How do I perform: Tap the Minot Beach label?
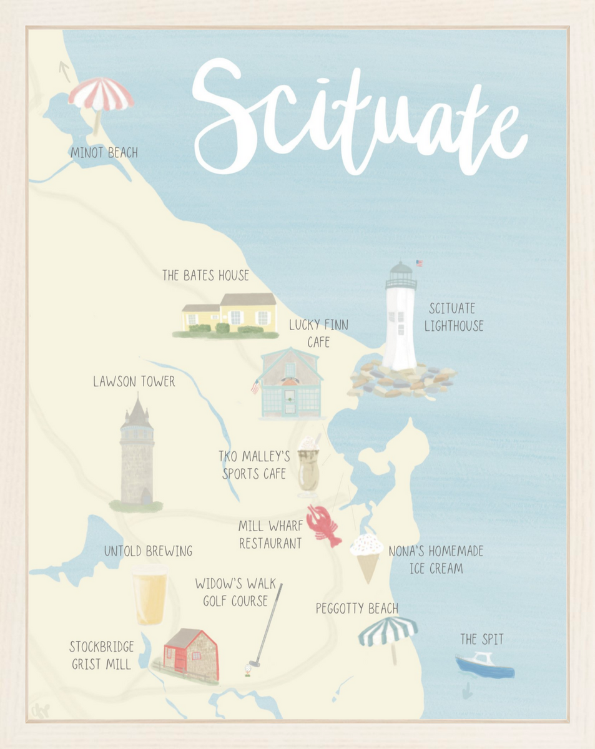coord(104,152)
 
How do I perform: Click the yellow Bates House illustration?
coord(230,314)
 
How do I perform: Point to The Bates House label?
coord(205,275)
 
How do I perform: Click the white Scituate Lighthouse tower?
coord(400,325)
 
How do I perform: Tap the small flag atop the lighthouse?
coord(419,263)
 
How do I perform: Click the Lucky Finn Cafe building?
coord(291,384)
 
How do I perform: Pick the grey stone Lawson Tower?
coord(137,456)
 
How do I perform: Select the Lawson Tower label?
coord(134,381)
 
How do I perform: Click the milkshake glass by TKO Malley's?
coord(308,468)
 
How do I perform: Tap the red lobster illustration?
coord(323,526)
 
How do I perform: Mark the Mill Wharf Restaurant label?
coord(270,535)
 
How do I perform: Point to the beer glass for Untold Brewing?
coord(150,594)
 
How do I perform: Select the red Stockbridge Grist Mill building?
coord(190,653)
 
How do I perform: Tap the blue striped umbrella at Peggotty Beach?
coord(388,631)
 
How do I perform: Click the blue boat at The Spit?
coord(484,665)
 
